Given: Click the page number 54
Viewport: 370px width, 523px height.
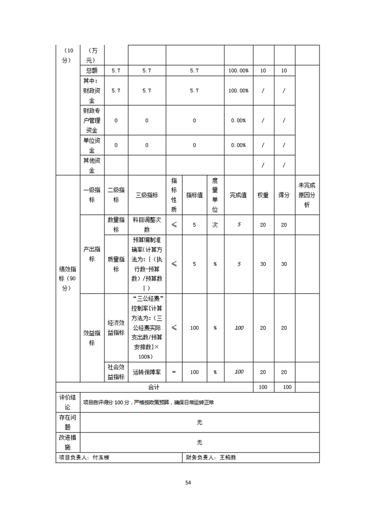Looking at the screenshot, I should pyautogui.click(x=188, y=482).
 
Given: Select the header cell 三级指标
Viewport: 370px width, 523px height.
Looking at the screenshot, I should pyautogui.click(x=147, y=195).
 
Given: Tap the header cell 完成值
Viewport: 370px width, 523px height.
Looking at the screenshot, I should pyautogui.click(x=238, y=195).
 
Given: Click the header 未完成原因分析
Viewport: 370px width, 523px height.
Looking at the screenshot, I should pyautogui.click(x=307, y=195).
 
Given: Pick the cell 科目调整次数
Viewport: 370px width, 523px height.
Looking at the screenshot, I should pyautogui.click(x=147, y=225).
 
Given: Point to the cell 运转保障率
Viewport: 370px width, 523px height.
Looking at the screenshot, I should pyautogui.click(x=147, y=372).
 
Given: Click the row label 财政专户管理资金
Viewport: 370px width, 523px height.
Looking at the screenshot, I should pyautogui.click(x=92, y=120).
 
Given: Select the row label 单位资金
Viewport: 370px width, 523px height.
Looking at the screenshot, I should pyautogui.click(x=92, y=145).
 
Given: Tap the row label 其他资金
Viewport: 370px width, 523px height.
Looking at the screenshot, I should pyautogui.click(x=92, y=165).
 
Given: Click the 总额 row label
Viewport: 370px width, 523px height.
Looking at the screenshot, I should pyautogui.click(x=92, y=71).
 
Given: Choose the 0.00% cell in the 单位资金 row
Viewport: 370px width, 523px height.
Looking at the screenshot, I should pyautogui.click(x=238, y=145).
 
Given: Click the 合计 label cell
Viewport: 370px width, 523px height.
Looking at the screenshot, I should pyautogui.click(x=154, y=387).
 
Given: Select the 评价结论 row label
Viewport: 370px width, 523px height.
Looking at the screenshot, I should pyautogui.click(x=68, y=402).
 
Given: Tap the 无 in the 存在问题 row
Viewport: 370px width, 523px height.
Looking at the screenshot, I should pyautogui.click(x=200, y=422).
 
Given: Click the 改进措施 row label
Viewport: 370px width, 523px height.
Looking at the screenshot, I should pyautogui.click(x=68, y=442).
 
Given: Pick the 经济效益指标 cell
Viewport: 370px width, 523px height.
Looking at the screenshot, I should pyautogui.click(x=116, y=328).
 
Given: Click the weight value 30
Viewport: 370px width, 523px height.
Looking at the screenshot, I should pyautogui.click(x=263, y=264).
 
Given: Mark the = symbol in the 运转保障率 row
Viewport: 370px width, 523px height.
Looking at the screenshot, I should pyautogui.click(x=174, y=372).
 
